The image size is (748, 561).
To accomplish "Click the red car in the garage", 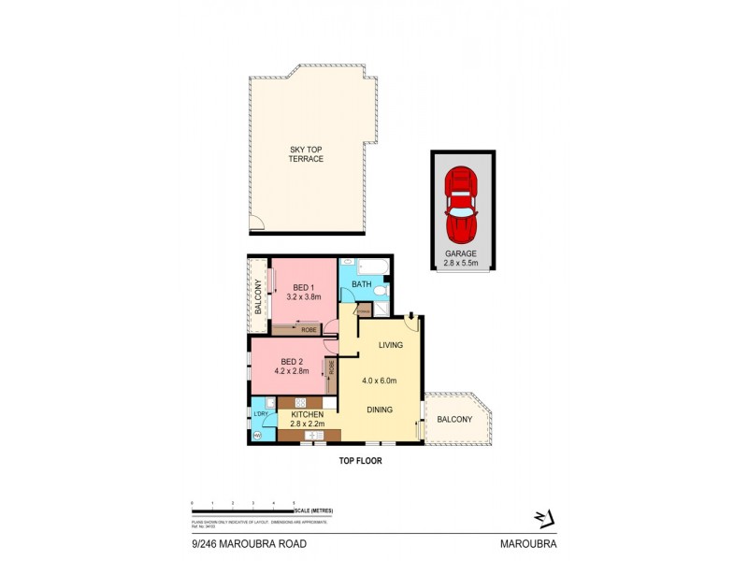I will [x=461, y=203].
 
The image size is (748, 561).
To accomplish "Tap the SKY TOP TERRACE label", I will [x=306, y=153].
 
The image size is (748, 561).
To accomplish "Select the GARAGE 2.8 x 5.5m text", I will [x=461, y=258].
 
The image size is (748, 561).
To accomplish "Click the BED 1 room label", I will [x=305, y=287].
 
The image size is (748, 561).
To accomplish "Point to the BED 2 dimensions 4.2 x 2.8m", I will [x=290, y=371].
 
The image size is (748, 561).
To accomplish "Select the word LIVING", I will [x=390, y=345].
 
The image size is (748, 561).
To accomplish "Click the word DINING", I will [x=379, y=410].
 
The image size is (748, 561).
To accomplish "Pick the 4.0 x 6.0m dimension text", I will [x=381, y=381].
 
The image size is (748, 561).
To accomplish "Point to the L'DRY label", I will [x=262, y=414].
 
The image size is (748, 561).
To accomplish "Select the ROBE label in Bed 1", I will [x=308, y=329].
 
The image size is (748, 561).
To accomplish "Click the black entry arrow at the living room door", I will [x=412, y=316].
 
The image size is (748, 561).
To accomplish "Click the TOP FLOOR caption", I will [x=360, y=460].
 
